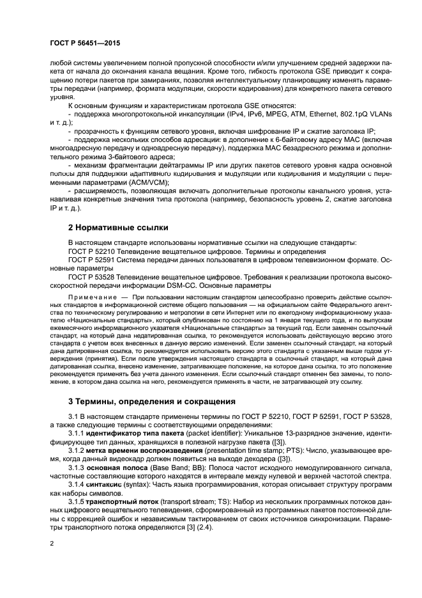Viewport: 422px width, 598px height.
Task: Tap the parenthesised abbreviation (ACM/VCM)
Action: [x=144, y=182]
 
